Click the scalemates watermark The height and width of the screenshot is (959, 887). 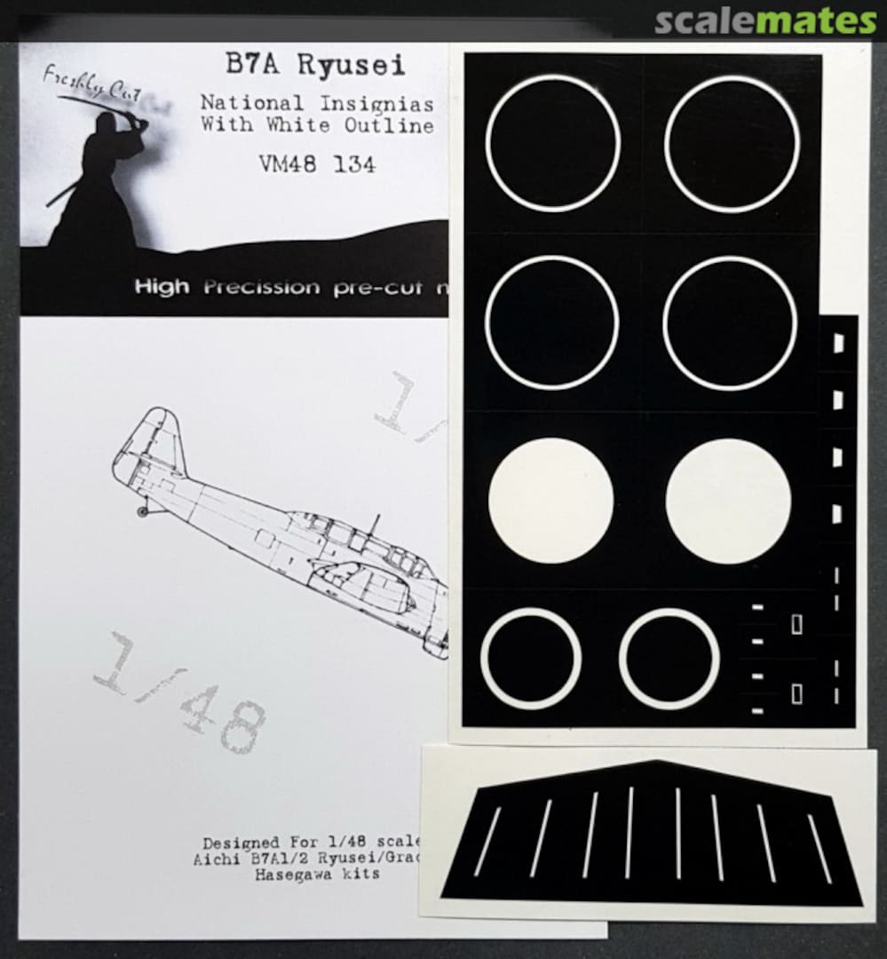(764, 21)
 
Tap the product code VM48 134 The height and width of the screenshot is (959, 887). (317, 164)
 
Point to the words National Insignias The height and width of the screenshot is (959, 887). (317, 104)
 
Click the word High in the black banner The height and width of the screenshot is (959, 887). (161, 288)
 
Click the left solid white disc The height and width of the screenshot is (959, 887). (550, 500)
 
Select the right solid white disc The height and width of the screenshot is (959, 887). (728, 500)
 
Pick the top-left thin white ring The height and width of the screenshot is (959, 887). (552, 143)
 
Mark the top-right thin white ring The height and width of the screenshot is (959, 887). (732, 144)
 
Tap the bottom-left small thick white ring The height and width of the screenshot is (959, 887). (531, 658)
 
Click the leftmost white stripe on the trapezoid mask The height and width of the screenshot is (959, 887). (487, 841)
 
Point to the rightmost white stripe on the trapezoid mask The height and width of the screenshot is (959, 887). (820, 848)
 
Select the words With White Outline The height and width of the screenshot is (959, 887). (317, 126)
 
